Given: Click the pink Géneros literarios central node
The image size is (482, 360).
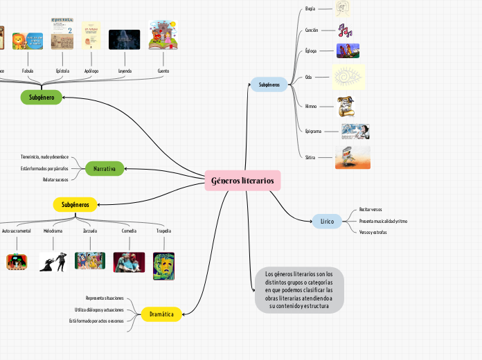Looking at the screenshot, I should coord(242,181).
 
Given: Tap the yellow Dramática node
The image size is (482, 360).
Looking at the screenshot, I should coord(161,314).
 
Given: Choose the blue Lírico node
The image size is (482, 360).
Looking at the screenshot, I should coord(327,222).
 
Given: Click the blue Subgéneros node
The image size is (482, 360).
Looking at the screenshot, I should coord(269,84).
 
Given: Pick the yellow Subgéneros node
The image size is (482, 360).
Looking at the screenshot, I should coord(75,204).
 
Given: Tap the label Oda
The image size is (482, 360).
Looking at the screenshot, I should coord(308,77).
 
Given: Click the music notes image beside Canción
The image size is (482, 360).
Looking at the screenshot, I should coord(345,30).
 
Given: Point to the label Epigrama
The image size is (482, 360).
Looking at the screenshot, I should coord(314,131).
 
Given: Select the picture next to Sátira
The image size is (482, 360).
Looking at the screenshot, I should coord(352,157).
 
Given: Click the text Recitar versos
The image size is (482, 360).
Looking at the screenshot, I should coord(371,209).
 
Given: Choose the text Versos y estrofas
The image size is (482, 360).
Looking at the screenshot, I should coord(373,232).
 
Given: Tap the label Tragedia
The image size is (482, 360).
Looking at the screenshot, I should coord(163,231).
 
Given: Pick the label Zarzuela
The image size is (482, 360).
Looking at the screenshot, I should coord(90,231).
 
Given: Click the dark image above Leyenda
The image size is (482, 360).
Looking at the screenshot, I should coord(125,39).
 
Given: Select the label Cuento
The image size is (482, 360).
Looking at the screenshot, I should coord(163,71).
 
